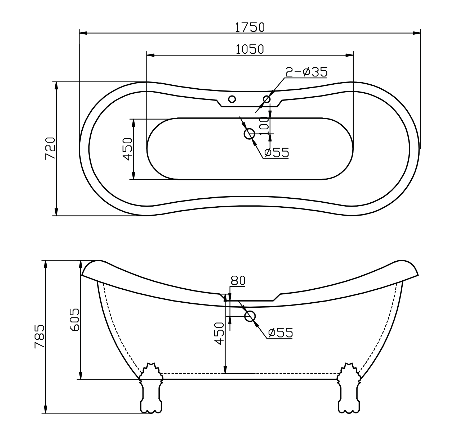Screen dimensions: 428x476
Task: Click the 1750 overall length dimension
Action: click(x=250, y=27)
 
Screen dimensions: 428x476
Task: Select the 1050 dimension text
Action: click(x=250, y=49)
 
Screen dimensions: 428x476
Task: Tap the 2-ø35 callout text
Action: click(x=306, y=72)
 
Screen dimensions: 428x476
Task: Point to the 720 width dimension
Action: click(x=50, y=148)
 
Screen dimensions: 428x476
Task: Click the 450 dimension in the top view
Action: click(x=128, y=149)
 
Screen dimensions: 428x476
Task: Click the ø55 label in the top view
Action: click(x=277, y=153)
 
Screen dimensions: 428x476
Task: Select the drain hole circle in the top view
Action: click(x=249, y=134)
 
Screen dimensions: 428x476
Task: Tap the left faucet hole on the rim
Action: click(x=232, y=99)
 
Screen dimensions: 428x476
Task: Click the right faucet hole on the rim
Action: click(x=266, y=99)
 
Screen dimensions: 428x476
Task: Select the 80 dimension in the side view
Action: click(x=238, y=281)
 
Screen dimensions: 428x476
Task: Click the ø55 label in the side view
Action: click(x=280, y=333)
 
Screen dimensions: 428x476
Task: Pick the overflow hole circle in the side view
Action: click(x=250, y=316)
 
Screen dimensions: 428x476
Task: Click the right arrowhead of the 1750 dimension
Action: click(x=417, y=33)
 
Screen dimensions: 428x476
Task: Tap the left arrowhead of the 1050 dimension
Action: click(x=150, y=55)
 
